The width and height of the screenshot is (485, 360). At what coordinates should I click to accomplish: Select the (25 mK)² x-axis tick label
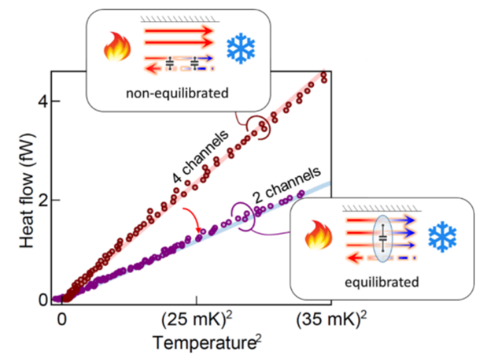pyautogui.click(x=196, y=320)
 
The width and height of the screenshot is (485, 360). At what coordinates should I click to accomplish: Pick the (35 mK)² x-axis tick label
pyautogui.click(x=330, y=320)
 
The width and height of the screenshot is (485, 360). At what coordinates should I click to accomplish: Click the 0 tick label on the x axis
pyautogui.click(x=62, y=320)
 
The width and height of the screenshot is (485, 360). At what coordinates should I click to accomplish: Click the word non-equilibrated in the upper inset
pyautogui.click(x=178, y=93)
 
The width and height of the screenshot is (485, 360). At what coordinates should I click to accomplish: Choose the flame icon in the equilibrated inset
pyautogui.click(x=318, y=237)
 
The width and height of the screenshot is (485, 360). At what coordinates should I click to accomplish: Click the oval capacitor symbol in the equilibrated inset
pyautogui.click(x=383, y=238)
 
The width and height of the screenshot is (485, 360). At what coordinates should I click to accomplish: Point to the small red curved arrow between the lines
pyautogui.click(x=192, y=219)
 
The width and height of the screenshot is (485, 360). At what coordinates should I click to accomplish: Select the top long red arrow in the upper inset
pyautogui.click(x=178, y=30)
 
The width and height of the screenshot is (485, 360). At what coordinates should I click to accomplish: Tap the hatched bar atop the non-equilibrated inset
pyautogui.click(x=178, y=20)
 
